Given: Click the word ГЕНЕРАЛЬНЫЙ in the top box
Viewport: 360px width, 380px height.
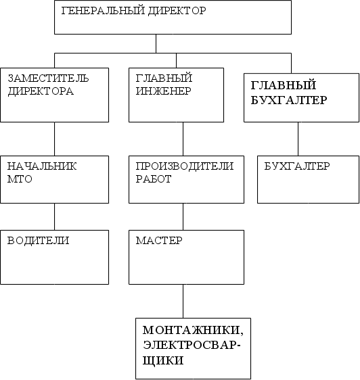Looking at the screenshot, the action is click(x=103, y=11).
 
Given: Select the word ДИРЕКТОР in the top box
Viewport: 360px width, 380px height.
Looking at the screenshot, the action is click(x=177, y=11).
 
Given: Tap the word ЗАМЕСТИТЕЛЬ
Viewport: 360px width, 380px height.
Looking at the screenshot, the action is click(x=48, y=78).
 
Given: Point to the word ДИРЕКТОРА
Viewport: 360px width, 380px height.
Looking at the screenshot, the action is click(x=41, y=91).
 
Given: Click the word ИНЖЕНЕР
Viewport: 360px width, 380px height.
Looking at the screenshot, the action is click(x=164, y=91).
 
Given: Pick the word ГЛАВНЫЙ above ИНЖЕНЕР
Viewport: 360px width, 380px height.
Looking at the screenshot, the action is click(x=164, y=78).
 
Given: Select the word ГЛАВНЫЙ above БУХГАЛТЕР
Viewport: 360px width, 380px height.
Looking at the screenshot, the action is click(x=284, y=85).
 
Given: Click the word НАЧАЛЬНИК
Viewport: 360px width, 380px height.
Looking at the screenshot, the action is click(x=42, y=166).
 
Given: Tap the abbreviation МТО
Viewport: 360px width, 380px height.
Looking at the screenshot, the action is click(x=20, y=179).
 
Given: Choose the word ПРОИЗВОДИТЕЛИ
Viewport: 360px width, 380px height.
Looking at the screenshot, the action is click(x=185, y=166).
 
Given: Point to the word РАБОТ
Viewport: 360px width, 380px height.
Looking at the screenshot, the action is click(x=154, y=179).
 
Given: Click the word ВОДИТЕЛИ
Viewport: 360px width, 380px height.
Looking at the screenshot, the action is click(x=38, y=241).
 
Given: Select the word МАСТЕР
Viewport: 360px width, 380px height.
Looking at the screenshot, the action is click(x=159, y=241).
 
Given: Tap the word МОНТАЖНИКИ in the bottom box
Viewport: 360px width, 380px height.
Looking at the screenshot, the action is click(x=193, y=331).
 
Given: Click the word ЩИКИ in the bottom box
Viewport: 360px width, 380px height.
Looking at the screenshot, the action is click(x=163, y=360).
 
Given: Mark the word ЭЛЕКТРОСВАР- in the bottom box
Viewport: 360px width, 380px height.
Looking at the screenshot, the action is click(x=192, y=345).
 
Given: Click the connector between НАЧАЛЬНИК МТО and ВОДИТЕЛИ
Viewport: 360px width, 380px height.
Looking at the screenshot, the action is click(x=54, y=216).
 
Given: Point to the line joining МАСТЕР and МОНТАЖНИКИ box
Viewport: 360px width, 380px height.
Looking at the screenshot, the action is click(x=183, y=302).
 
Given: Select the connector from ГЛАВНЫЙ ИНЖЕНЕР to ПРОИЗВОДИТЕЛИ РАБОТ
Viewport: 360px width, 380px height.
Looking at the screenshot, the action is click(x=183, y=139).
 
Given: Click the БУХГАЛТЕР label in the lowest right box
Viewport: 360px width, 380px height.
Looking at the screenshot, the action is click(x=297, y=166).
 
